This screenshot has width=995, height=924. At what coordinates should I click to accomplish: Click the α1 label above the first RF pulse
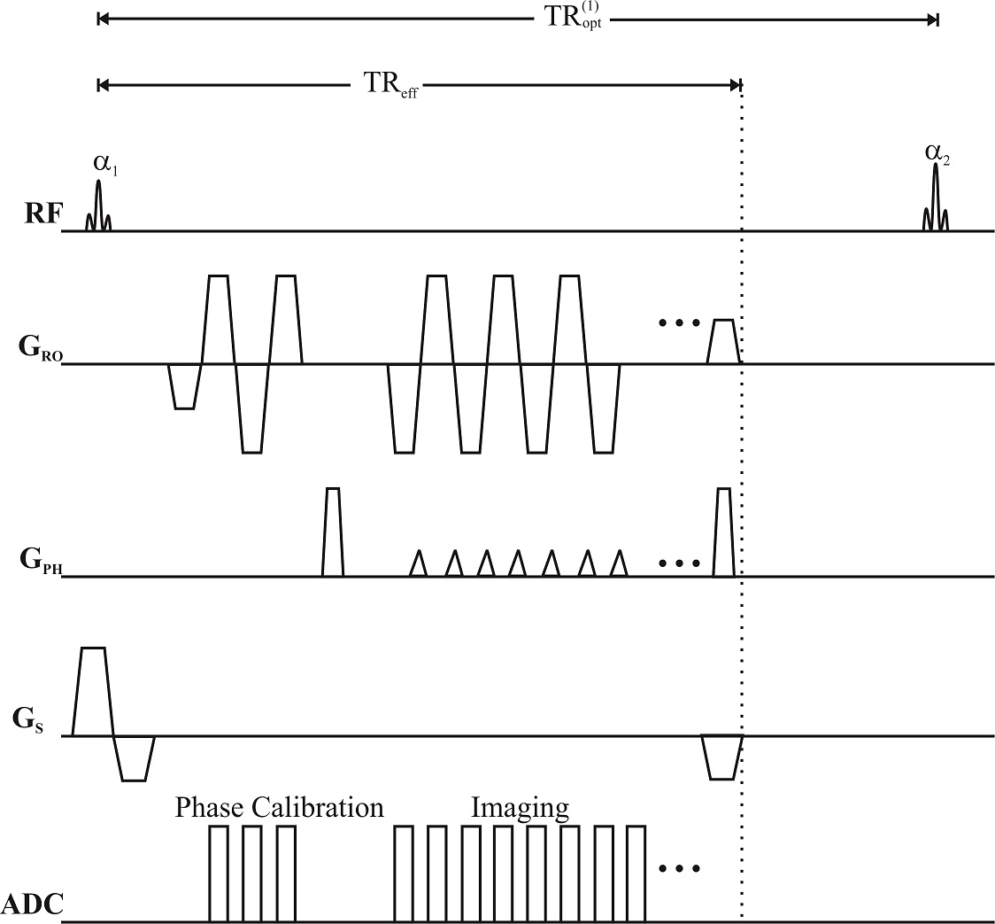coord(104,164)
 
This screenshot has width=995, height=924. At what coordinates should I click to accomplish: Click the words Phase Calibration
coord(279,807)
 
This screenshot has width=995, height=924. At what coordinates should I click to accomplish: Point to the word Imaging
coord(519,807)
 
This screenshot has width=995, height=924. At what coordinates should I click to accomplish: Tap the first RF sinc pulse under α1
coord(98,207)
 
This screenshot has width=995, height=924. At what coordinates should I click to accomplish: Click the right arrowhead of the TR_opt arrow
coord(932,18)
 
